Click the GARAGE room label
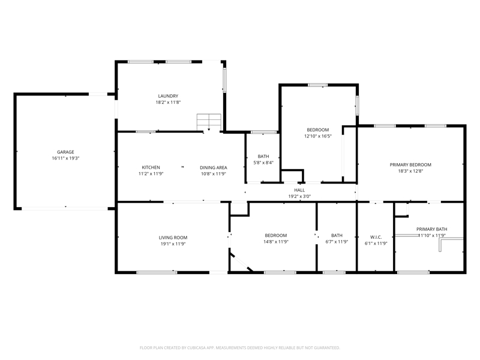coord(65,152)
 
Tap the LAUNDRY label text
coord(168,96)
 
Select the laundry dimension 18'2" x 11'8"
coord(168,102)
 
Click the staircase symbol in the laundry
coord(209,122)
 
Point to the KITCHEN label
coord(151,167)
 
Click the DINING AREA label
coord(214,167)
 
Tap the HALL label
coord(299,190)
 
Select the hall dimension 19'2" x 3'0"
coord(299,197)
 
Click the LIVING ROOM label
coord(173,238)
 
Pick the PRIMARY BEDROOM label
coord(410,164)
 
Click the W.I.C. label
coord(376,237)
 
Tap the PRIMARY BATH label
coord(431,229)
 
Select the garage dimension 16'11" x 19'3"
coord(65,158)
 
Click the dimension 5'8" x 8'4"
coord(263,163)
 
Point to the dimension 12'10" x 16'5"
coord(318,136)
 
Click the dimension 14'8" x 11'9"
coord(276,242)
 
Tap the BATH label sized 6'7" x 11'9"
coord(337,235)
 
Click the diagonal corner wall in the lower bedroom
coord(242,262)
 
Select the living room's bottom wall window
coord(157,272)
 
